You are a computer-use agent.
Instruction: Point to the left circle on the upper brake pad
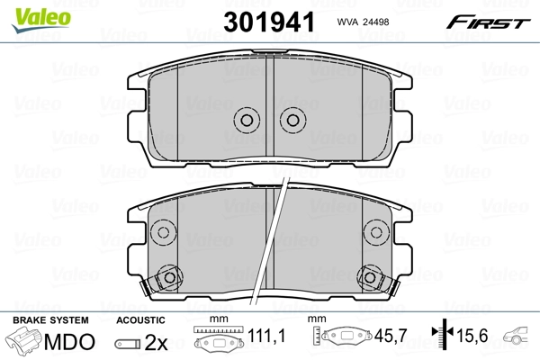(246, 120)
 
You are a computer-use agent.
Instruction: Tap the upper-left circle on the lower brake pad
(164, 232)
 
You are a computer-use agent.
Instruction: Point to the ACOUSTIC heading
(140, 320)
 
